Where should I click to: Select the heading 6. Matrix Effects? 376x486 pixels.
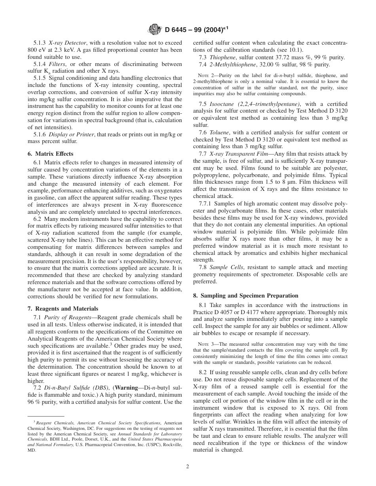click(x=50, y=154)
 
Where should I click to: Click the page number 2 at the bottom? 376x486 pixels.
click(x=188, y=466)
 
